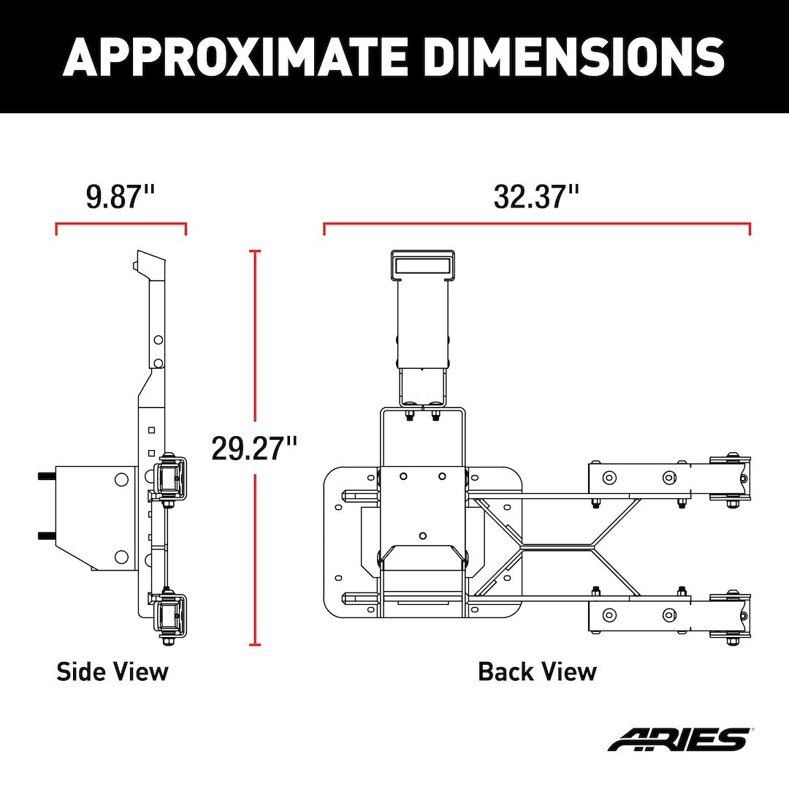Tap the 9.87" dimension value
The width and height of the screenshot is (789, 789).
click(121, 197)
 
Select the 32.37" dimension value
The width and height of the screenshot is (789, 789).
click(536, 197)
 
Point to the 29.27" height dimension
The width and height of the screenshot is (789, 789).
click(254, 448)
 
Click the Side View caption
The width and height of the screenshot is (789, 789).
click(113, 671)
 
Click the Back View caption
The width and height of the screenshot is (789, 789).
click(537, 671)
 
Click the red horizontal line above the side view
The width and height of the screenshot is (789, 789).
click(121, 224)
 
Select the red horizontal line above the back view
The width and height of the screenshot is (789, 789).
click(537, 224)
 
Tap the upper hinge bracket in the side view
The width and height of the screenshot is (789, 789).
click(169, 476)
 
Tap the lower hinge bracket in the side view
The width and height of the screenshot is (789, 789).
click(169, 615)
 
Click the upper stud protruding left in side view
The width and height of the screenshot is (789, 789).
click(46, 476)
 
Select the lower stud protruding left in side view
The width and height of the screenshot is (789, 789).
click(46, 535)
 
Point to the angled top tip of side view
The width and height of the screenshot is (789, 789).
click(150, 261)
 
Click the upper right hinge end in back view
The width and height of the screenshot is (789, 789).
click(730, 478)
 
